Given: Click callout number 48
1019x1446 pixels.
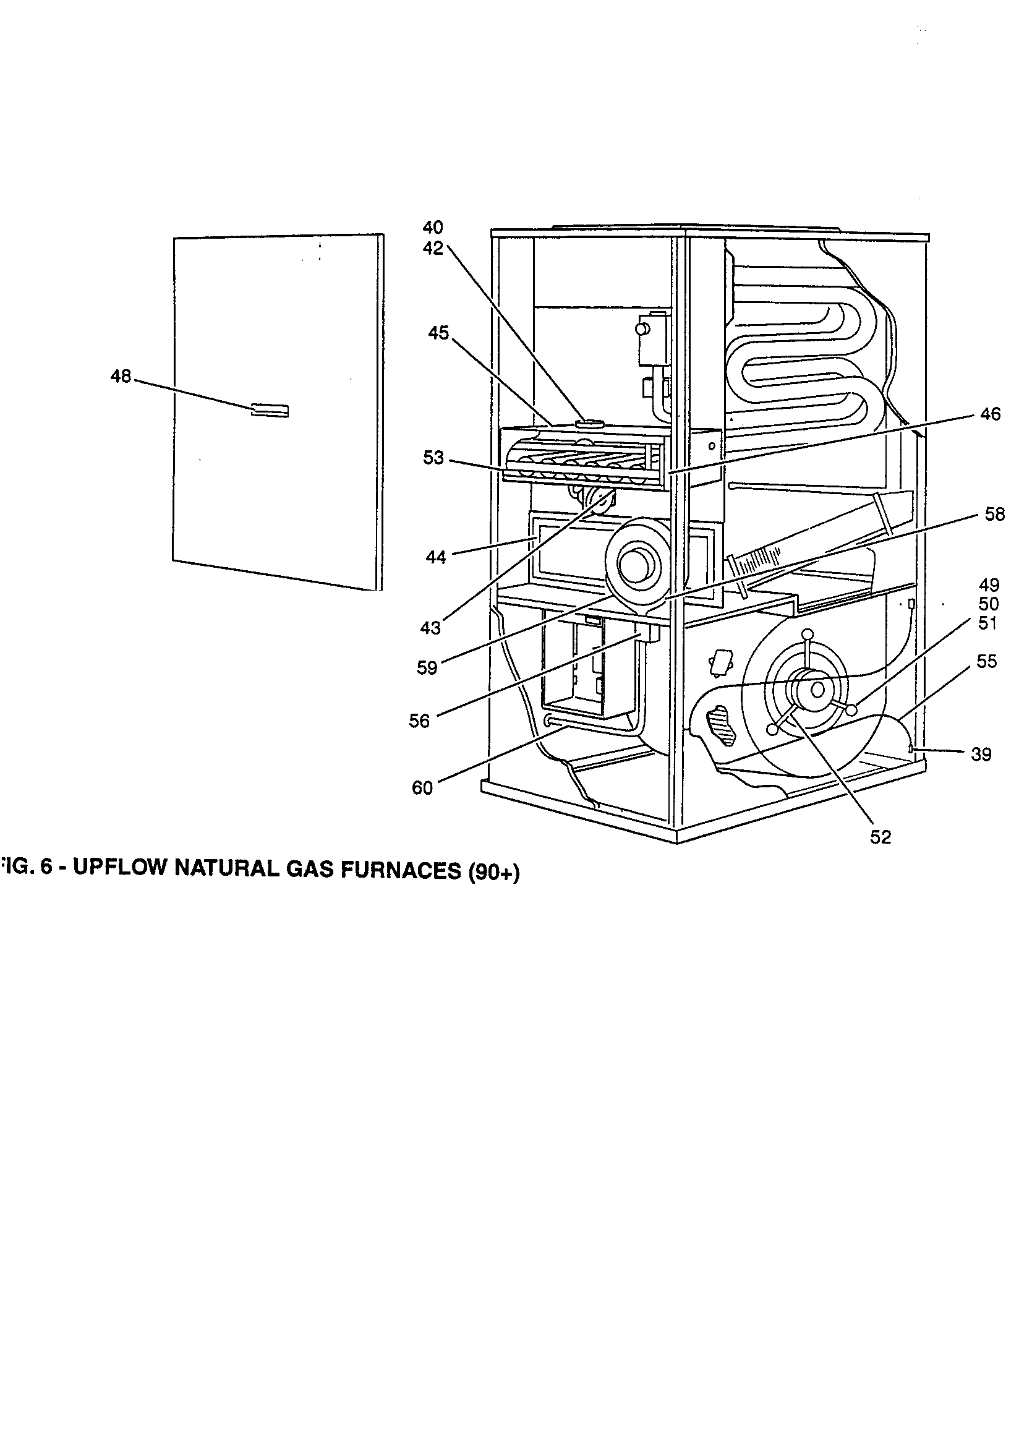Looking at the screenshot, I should tap(121, 377).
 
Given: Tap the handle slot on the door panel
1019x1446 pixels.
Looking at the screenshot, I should tap(270, 410).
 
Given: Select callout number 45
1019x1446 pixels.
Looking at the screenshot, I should tap(438, 333).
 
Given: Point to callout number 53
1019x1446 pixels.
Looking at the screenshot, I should tap(433, 458).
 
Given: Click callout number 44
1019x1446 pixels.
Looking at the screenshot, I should tap(436, 557).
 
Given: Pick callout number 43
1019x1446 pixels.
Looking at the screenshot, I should tap(431, 628).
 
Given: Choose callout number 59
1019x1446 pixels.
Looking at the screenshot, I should tap(427, 667).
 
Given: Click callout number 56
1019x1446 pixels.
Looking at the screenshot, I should tap(419, 721).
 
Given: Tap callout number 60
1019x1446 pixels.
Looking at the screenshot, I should tap(422, 788).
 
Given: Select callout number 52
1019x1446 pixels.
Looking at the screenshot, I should tap(880, 837).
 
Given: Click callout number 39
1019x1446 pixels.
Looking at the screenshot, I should tap(981, 754).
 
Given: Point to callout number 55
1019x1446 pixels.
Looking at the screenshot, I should tap(986, 661).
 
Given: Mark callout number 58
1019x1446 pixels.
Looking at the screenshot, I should tap(994, 515).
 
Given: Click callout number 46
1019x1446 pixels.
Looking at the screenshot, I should tap(990, 414).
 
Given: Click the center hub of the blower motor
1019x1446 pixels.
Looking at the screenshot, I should tap(817, 690).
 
